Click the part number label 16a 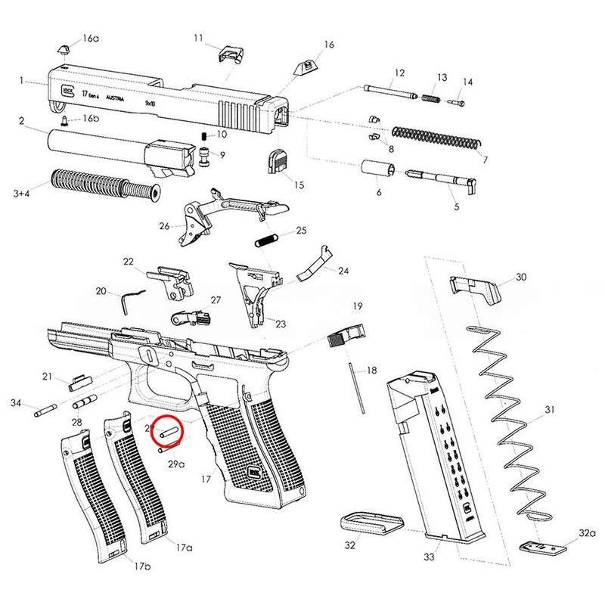click(91, 38)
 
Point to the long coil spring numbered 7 click(439, 139)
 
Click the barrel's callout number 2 click(22, 121)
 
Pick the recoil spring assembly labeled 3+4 click(106, 184)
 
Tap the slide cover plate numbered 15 click(276, 161)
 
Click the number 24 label click(343, 270)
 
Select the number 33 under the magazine click(429, 557)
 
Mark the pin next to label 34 click(45, 413)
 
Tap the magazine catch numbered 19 click(347, 335)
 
